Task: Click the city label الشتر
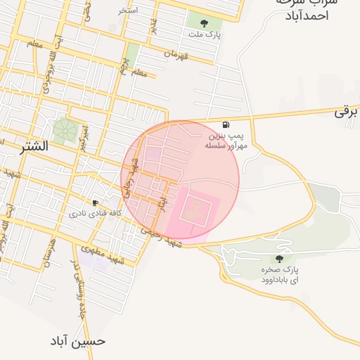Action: point(34,147)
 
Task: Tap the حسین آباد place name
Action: point(78,341)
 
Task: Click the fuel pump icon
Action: point(224,124)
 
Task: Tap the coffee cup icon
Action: point(96,202)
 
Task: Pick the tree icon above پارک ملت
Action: point(204,23)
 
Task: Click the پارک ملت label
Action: point(204,34)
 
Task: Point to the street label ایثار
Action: point(162,202)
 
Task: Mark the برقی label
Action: point(347,112)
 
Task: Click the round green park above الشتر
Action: point(65,129)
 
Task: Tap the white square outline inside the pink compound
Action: point(196,210)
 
